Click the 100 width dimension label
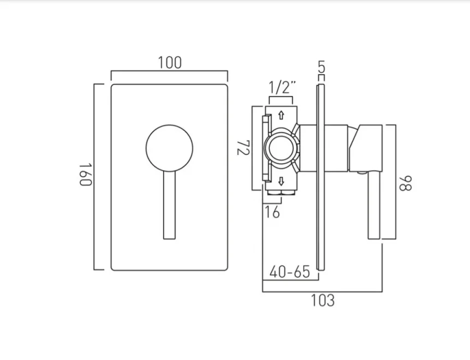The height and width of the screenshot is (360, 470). click(x=170, y=62)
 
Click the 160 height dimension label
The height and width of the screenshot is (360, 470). click(x=85, y=175)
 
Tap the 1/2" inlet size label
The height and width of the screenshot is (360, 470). click(x=282, y=87)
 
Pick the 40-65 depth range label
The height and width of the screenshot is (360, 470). click(x=290, y=271)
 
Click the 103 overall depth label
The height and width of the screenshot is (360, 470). click(x=323, y=300)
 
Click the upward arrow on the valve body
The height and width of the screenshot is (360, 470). click(x=281, y=115)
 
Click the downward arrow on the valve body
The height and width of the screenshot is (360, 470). click(x=281, y=181)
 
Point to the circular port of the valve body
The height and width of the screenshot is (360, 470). click(x=281, y=148)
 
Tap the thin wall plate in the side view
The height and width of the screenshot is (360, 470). click(x=321, y=218)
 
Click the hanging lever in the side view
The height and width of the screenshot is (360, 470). click(x=374, y=207)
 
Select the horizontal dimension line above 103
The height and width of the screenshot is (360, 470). click(x=322, y=292)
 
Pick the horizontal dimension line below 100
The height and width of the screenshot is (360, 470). click(x=169, y=71)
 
